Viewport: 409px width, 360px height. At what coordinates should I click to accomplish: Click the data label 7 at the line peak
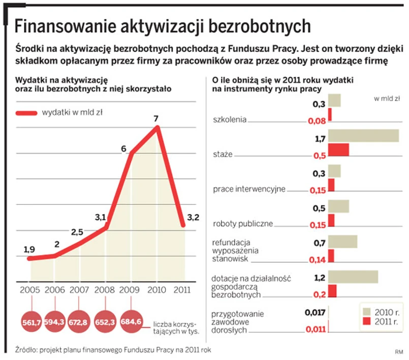pos(156,118)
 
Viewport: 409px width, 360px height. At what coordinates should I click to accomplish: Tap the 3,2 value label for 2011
pos(193,218)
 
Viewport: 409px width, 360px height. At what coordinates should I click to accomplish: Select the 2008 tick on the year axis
pos(105,290)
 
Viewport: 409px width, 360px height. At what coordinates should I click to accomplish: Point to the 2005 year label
pos(29,290)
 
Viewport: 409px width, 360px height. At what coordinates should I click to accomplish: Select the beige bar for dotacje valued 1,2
pos(353,277)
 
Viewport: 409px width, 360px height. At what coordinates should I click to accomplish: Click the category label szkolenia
pos(230,120)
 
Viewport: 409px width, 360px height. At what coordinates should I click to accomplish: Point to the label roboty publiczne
pos(243,223)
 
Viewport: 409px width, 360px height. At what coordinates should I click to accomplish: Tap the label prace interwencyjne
pos(249,189)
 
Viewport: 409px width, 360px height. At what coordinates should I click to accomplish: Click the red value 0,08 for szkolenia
pos(317,121)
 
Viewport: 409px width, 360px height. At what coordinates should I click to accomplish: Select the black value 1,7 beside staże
pos(320,138)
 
